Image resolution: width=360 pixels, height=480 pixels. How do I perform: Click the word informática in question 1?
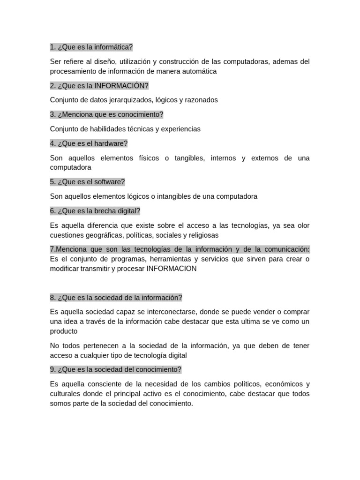click(113, 47)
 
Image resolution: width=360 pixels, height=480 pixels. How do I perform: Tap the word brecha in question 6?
click(101, 211)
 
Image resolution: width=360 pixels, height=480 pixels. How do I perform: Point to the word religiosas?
click(202, 235)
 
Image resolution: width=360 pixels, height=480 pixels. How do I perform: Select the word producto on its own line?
click(64, 331)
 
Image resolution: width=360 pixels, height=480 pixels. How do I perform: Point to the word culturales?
click(65, 394)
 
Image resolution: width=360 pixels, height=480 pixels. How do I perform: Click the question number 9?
click(52, 369)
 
